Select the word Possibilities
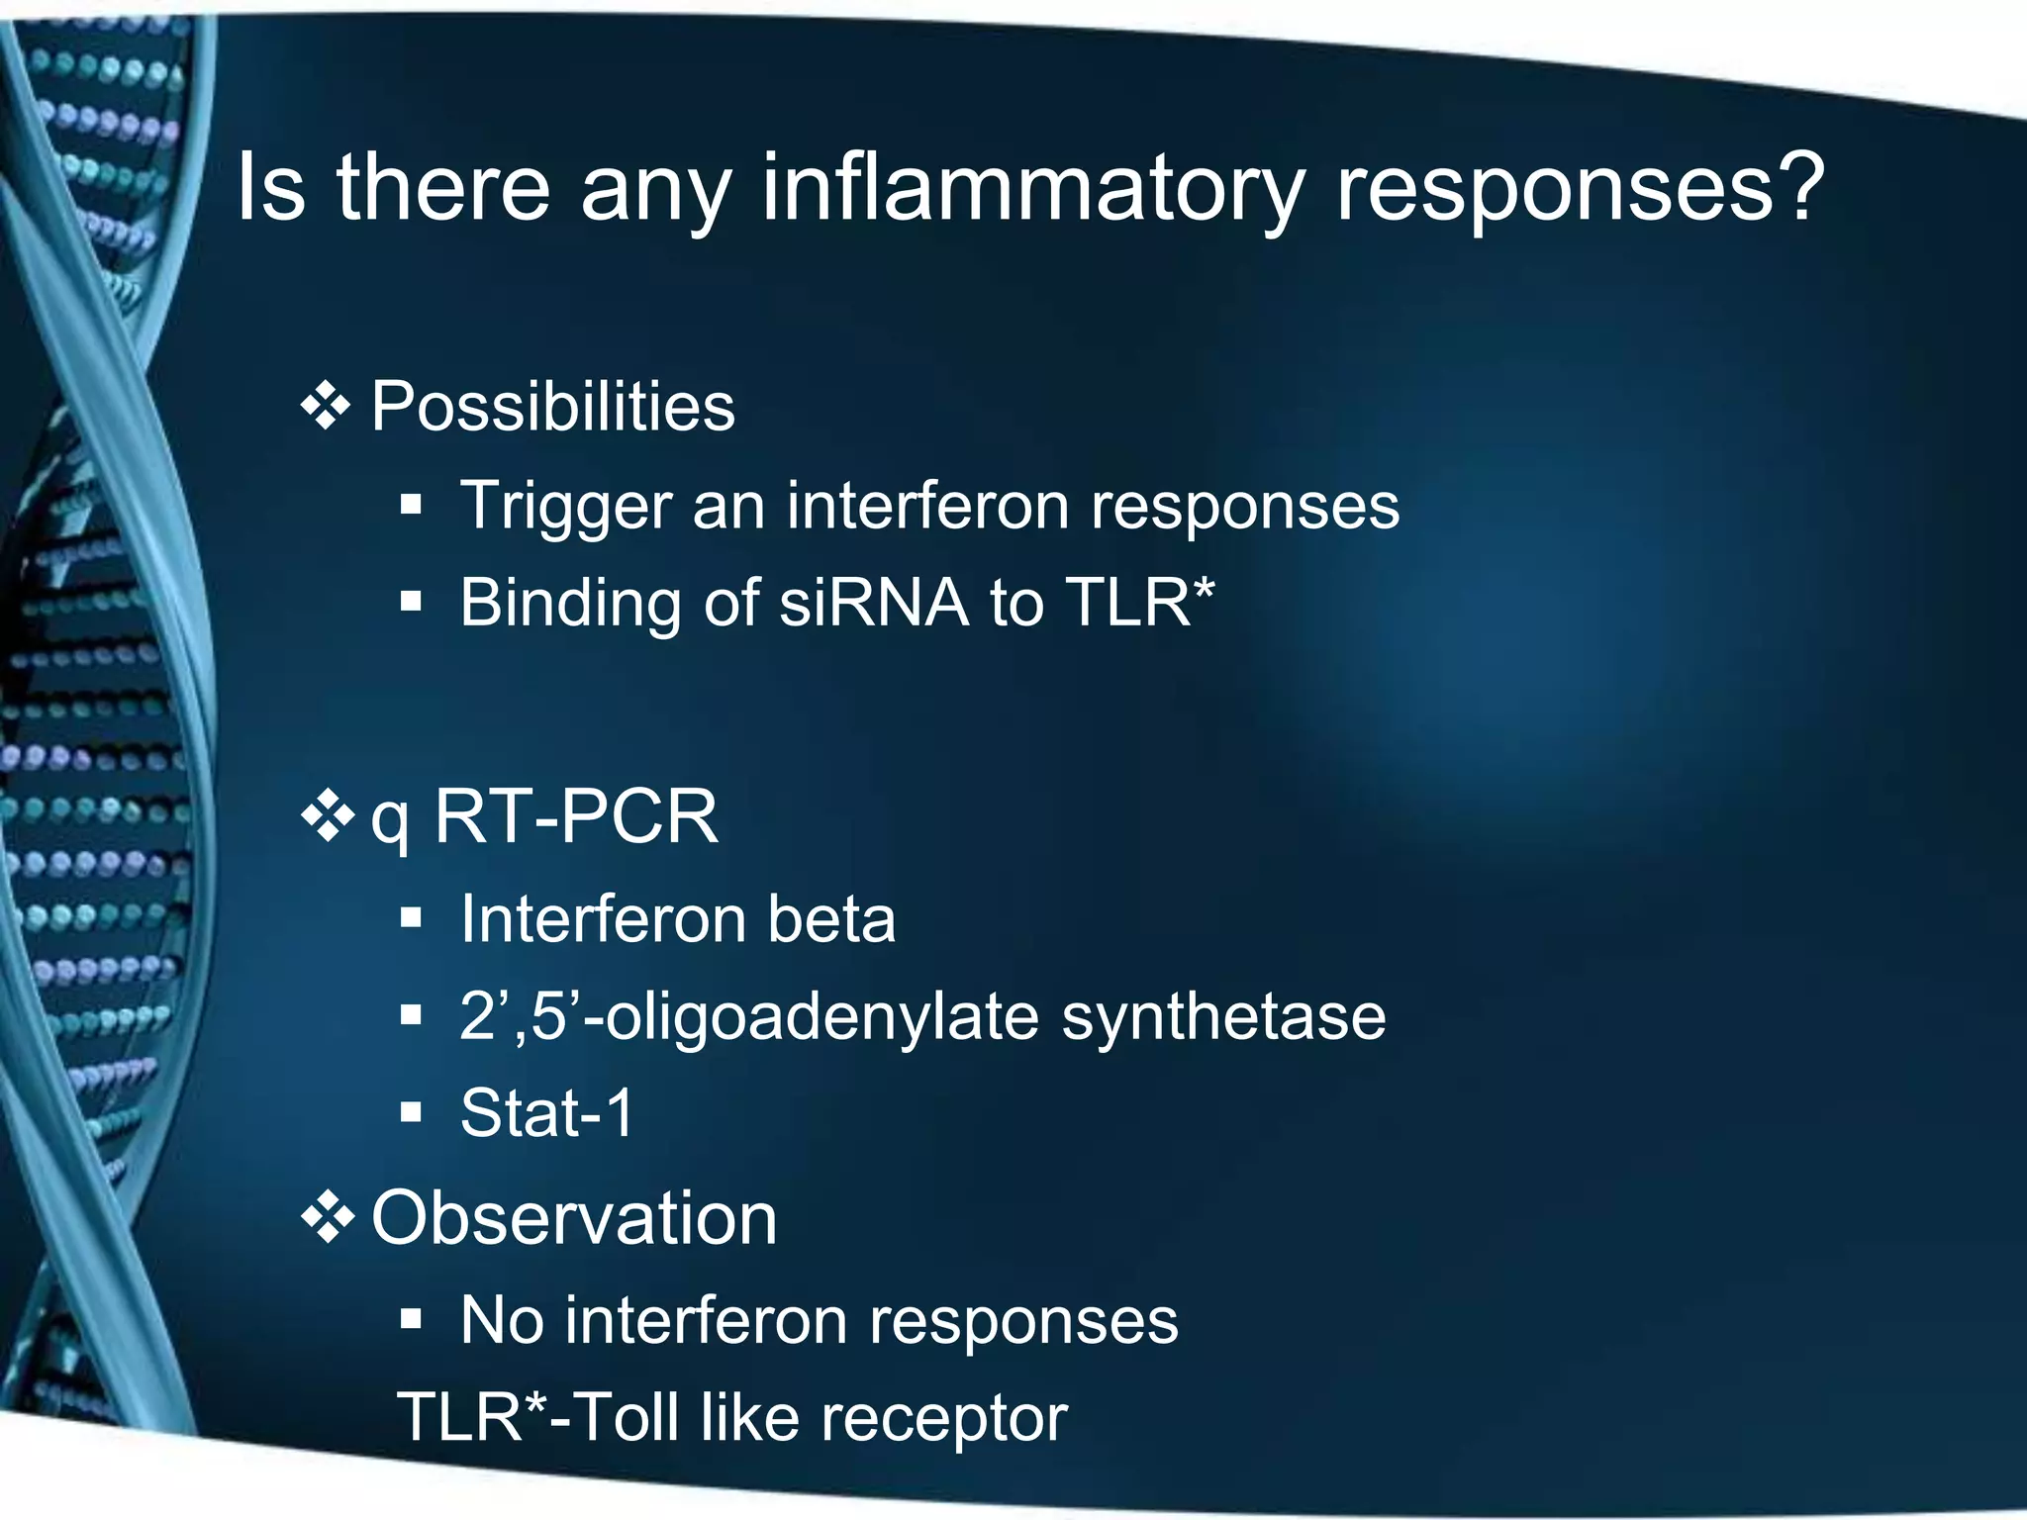pyautogui.click(x=552, y=407)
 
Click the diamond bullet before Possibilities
pyautogui.click(x=327, y=407)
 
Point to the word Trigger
pyautogui.click(x=565, y=507)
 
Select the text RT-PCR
pyautogui.click(x=576, y=817)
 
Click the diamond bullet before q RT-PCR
pyautogui.click(x=327, y=818)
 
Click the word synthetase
pyautogui.click(x=1223, y=1017)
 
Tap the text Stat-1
pyautogui.click(x=546, y=1113)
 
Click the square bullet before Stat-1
pyautogui.click(x=412, y=1112)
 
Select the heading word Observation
pyautogui.click(x=574, y=1218)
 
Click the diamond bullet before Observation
pyautogui.click(x=327, y=1219)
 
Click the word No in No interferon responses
pyautogui.click(x=501, y=1320)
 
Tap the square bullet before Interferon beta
pyautogui.click(x=412, y=918)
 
